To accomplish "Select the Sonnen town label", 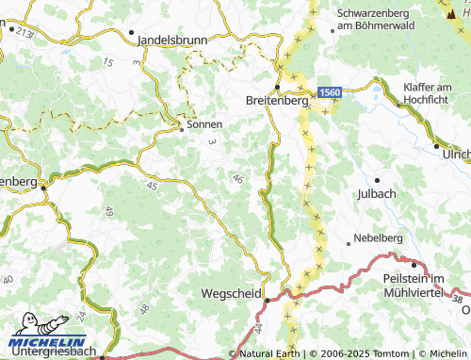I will [205, 124].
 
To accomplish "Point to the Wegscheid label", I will [231, 294].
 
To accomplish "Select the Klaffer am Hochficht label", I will [436, 92].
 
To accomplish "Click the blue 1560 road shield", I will [329, 91].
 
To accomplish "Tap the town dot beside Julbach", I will [377, 179].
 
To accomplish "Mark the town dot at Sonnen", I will [183, 130].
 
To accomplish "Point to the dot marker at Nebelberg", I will [349, 243].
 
